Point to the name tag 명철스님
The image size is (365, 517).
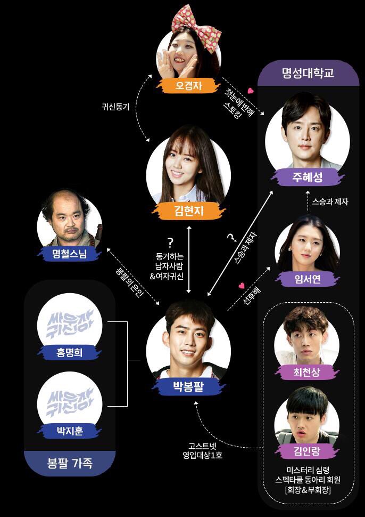(70, 254)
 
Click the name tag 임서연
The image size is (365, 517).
(308, 280)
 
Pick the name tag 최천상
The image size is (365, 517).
(307, 373)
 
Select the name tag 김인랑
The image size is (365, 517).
(307, 451)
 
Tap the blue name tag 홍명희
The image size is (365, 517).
(70, 353)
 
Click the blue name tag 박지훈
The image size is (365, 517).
(70, 431)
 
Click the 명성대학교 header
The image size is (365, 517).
(308, 73)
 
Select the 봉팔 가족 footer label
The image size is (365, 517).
(70, 464)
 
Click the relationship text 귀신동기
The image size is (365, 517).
(115, 107)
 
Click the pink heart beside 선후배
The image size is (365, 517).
(242, 285)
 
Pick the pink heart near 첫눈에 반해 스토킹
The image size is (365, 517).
(251, 90)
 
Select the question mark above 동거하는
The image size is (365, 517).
(170, 243)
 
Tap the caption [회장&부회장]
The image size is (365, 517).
(308, 490)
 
